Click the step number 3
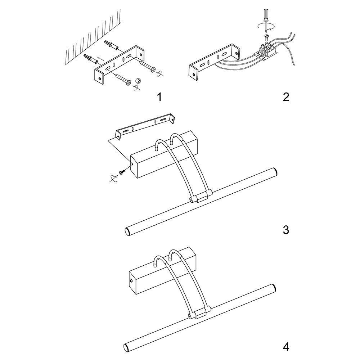click(x=286, y=230)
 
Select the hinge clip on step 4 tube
click(x=198, y=315)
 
